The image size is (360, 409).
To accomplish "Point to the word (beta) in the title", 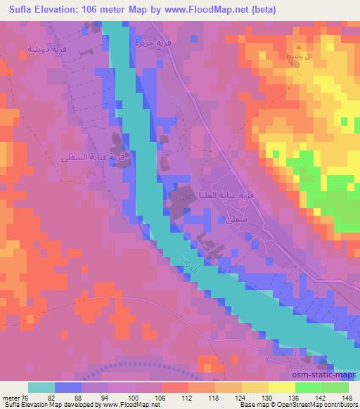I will point(261,10).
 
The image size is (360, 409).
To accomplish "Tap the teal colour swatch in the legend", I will point(41,387).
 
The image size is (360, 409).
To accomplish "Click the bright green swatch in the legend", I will point(307,387).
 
